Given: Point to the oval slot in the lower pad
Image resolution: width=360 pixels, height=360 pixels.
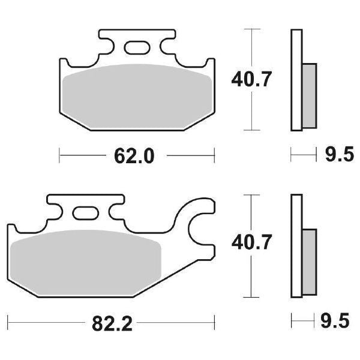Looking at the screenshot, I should pos(85,212).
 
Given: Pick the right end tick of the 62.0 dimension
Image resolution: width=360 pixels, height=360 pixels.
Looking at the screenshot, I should pos(214,157).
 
